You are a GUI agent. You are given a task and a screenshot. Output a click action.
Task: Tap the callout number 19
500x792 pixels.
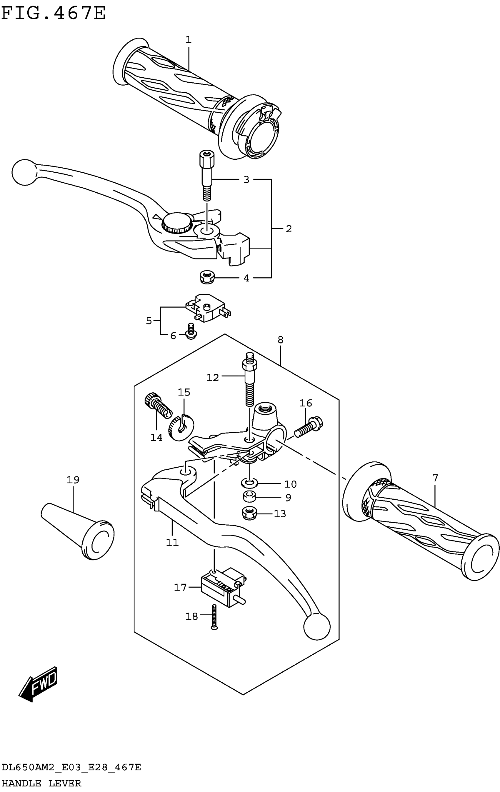[x=73, y=480]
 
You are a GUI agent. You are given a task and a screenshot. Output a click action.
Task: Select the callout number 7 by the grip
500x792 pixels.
[x=435, y=478]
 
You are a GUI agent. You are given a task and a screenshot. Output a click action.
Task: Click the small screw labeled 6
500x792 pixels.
[x=191, y=331]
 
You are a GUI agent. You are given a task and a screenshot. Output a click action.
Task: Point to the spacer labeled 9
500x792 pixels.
[x=250, y=497]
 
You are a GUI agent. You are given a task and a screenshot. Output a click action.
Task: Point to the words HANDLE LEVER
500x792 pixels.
[x=41, y=783]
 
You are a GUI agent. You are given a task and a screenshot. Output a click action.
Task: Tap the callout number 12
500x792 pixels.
[x=212, y=377]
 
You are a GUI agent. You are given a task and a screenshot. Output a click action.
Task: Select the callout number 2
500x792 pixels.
[x=289, y=229]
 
